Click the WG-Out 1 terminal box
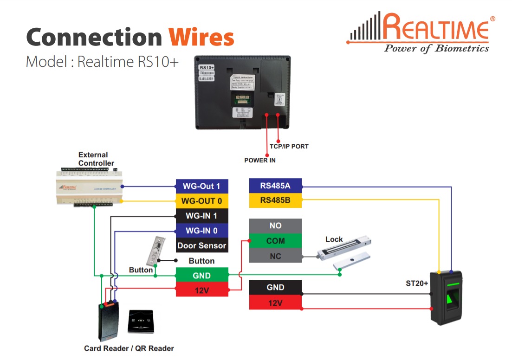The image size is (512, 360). pos(202,186)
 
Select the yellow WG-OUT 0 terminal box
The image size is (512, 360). pos(202,201)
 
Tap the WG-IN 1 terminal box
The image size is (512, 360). pos(202,216)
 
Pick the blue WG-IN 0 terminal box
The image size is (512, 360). pos(202,231)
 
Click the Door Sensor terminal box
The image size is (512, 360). pos(202,245)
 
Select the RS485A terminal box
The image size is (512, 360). pos(275,186)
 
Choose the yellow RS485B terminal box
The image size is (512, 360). pos(275,200)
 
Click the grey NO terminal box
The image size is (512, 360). pos(275,226)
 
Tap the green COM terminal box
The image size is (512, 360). pos(275,241)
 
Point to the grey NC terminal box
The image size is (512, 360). pos(275,256)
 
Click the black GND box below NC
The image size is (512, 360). pos(275,288)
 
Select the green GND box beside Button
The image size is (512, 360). pos(202,275)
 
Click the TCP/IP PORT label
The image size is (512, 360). pos(289,146)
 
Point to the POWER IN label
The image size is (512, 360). pos(260,160)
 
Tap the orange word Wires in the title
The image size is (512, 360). pos(201,37)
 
